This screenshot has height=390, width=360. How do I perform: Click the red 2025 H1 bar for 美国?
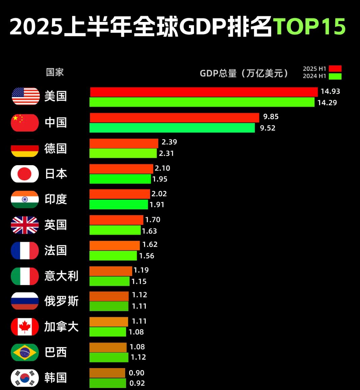click(x=203, y=92)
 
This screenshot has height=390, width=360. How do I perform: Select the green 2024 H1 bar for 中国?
click(x=172, y=128)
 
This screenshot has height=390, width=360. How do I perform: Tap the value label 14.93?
click(x=330, y=91)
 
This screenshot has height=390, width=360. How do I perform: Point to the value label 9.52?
click(x=268, y=128)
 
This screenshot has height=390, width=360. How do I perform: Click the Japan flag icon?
click(x=25, y=174)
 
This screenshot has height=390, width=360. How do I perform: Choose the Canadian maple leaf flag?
click(x=25, y=327)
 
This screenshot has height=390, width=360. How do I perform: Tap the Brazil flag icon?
click(x=25, y=352)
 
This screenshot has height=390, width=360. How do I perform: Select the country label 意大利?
click(x=61, y=276)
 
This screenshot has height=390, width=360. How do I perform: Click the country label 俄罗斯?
click(x=61, y=301)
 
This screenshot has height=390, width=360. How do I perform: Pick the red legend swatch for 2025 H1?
click(x=335, y=69)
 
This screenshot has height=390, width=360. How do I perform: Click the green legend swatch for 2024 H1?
click(x=335, y=76)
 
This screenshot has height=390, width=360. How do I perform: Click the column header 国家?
click(x=55, y=72)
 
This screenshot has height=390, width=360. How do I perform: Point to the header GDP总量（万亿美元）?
click(x=244, y=73)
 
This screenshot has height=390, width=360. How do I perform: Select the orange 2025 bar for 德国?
click(x=123, y=143)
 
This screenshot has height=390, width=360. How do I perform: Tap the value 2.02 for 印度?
click(x=159, y=194)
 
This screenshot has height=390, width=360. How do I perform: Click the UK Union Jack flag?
click(x=25, y=225)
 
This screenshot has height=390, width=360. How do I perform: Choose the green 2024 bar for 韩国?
click(x=108, y=383)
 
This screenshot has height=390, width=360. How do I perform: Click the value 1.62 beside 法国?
click(x=150, y=244)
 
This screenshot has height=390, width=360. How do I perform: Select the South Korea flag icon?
click(x=25, y=378)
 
